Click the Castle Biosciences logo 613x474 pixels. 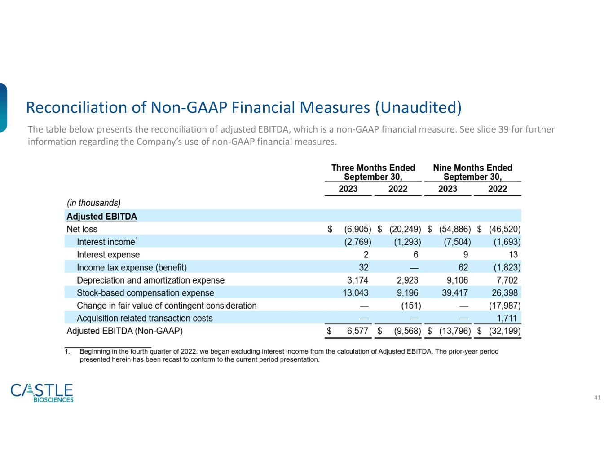(42, 393)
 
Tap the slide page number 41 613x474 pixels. (597, 398)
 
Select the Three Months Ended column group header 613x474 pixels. (373, 172)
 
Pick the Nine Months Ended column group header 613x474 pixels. (472, 172)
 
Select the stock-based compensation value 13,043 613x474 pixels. (356, 293)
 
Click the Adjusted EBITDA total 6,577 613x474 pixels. (357, 331)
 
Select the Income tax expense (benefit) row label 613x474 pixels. (132, 268)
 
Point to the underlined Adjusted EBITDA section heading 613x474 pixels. (102, 217)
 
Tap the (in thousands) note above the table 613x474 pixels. (93, 203)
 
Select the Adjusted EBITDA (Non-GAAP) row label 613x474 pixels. (124, 331)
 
